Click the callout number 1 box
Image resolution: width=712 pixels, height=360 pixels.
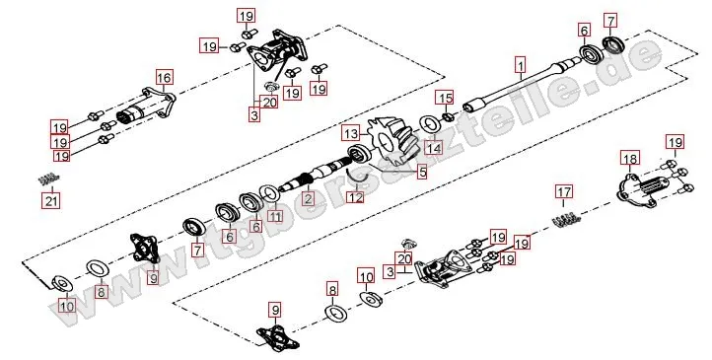tap(521, 65)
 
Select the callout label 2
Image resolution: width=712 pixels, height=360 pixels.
tap(309, 199)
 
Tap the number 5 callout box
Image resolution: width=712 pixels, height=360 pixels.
tap(422, 172)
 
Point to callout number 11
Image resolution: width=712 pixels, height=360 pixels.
tap(274, 216)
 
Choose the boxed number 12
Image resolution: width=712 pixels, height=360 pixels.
tap(356, 197)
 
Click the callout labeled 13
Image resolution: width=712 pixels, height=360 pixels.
tap(351, 134)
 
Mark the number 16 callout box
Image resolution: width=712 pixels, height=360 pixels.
tap(164, 78)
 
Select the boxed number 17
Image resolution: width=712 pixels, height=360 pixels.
tap(563, 192)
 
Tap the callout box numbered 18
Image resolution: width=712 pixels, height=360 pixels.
tap(630, 159)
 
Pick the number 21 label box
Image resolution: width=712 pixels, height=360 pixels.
tap(51, 200)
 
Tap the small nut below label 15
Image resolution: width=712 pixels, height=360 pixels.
tap(446, 117)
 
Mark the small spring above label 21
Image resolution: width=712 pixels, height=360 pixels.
tap(48, 179)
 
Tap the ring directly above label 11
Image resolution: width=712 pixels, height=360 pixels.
tap(271, 194)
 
